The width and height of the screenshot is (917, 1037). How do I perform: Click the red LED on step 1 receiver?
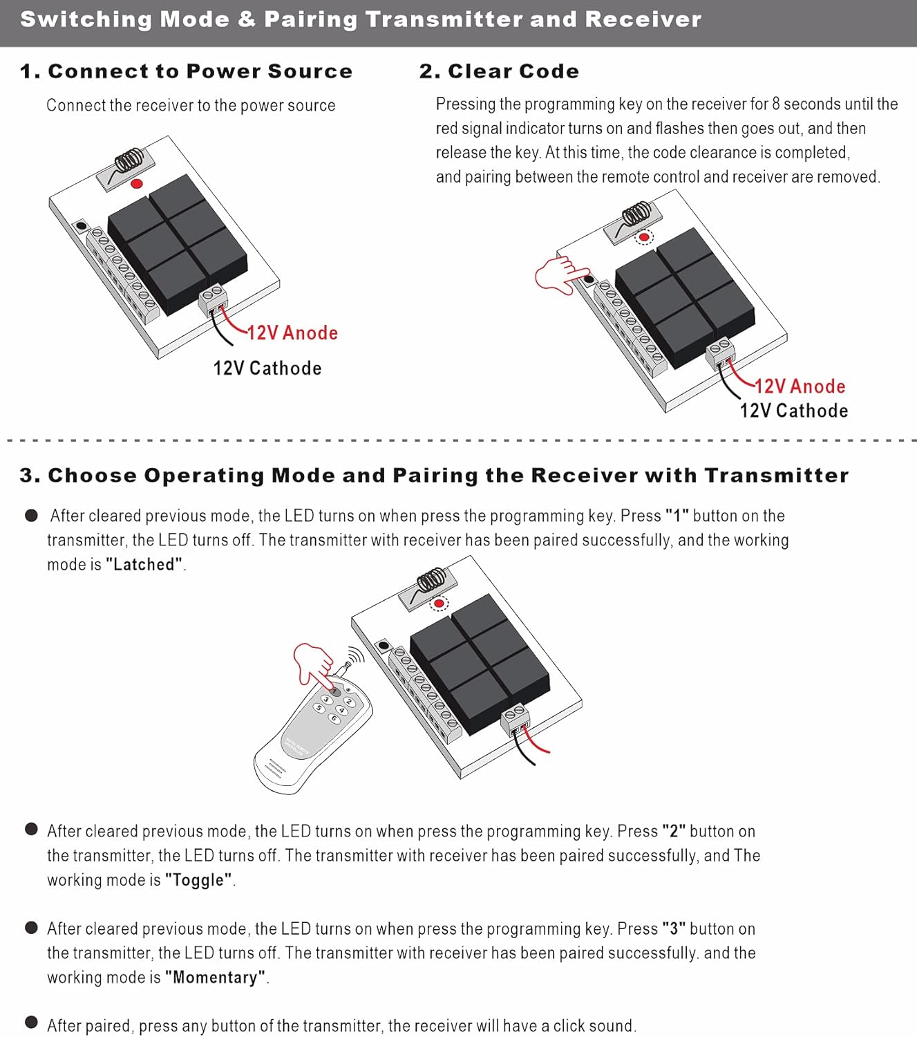(137, 183)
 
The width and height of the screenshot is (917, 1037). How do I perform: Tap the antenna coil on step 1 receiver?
(129, 162)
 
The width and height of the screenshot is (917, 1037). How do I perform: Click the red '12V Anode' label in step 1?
(292, 333)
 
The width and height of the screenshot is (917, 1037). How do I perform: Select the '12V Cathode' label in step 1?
(267, 368)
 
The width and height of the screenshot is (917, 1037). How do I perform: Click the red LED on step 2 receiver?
(644, 237)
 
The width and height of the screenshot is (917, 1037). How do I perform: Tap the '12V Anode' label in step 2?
(800, 386)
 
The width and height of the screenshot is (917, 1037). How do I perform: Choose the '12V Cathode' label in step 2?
(793, 411)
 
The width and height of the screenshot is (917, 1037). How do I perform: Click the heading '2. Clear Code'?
(499, 71)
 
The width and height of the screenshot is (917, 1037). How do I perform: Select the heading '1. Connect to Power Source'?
(186, 71)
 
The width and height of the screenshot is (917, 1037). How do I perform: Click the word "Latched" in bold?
(144, 565)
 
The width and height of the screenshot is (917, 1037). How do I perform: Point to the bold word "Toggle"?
(199, 880)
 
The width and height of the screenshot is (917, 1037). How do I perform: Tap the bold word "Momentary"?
(216, 978)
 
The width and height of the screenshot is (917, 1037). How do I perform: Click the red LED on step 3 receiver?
(438, 604)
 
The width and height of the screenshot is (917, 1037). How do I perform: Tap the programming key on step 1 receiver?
(82, 226)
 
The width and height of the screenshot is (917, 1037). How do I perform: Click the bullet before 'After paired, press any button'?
(31, 1022)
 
